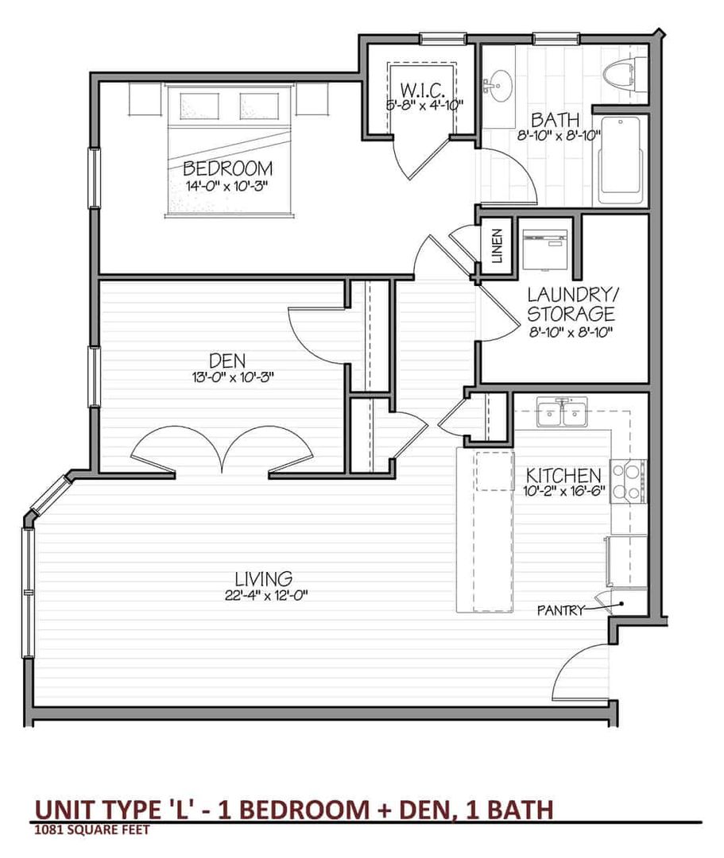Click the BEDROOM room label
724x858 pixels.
click(227, 168)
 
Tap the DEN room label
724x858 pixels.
click(227, 361)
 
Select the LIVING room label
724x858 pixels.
click(263, 578)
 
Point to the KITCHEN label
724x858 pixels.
click(563, 475)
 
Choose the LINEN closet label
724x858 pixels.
click(497, 245)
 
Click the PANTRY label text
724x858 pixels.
click(561, 609)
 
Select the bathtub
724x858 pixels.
click(622, 160)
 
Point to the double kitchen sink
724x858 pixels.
click(562, 412)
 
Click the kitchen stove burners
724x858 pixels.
click(627, 481)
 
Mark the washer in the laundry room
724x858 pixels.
click(545, 249)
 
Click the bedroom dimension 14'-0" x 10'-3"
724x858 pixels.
click(226, 185)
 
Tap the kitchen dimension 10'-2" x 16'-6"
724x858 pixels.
click(563, 491)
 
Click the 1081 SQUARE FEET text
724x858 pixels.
click(92, 830)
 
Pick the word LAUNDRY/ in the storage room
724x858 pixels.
click(572, 295)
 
